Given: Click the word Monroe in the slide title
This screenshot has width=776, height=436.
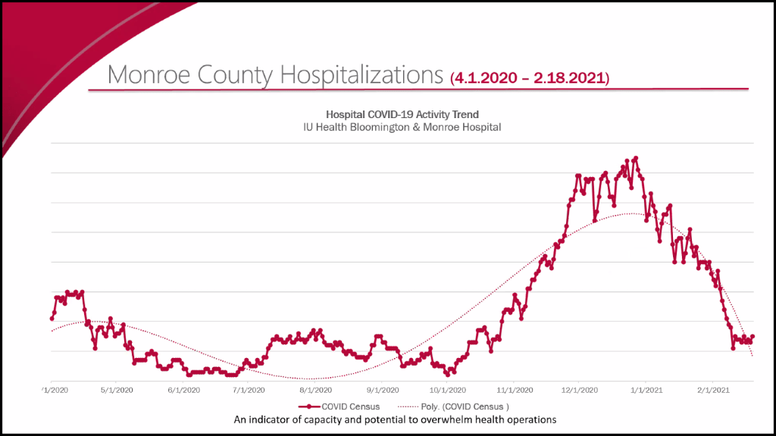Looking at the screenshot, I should [149, 76].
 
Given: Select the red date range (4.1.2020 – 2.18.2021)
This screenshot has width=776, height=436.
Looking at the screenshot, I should [530, 78].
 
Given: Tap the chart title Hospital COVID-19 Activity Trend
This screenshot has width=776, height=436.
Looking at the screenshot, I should [402, 114].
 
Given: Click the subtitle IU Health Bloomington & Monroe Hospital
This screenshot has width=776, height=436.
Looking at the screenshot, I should [402, 127].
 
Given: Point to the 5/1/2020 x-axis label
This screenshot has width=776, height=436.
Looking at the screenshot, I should [116, 391].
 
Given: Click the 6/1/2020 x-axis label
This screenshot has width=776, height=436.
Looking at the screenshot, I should [183, 391].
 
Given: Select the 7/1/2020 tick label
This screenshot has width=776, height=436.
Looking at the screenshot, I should [249, 391].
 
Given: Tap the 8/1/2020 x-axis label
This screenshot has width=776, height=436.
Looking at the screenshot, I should [316, 391].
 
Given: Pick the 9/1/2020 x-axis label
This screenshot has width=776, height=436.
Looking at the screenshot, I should [383, 391].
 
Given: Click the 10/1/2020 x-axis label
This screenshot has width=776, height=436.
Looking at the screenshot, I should [447, 391].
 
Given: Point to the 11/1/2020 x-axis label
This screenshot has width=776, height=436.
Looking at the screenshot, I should [514, 391].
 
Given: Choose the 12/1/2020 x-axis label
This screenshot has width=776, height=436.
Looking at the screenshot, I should [579, 391].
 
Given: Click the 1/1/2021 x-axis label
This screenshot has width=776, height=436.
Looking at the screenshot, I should [646, 391].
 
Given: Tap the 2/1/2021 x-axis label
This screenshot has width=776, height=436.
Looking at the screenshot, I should [713, 391].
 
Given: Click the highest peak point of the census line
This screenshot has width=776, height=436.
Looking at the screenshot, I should [636, 158].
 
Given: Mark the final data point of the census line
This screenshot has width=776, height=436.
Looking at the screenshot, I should [753, 337].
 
